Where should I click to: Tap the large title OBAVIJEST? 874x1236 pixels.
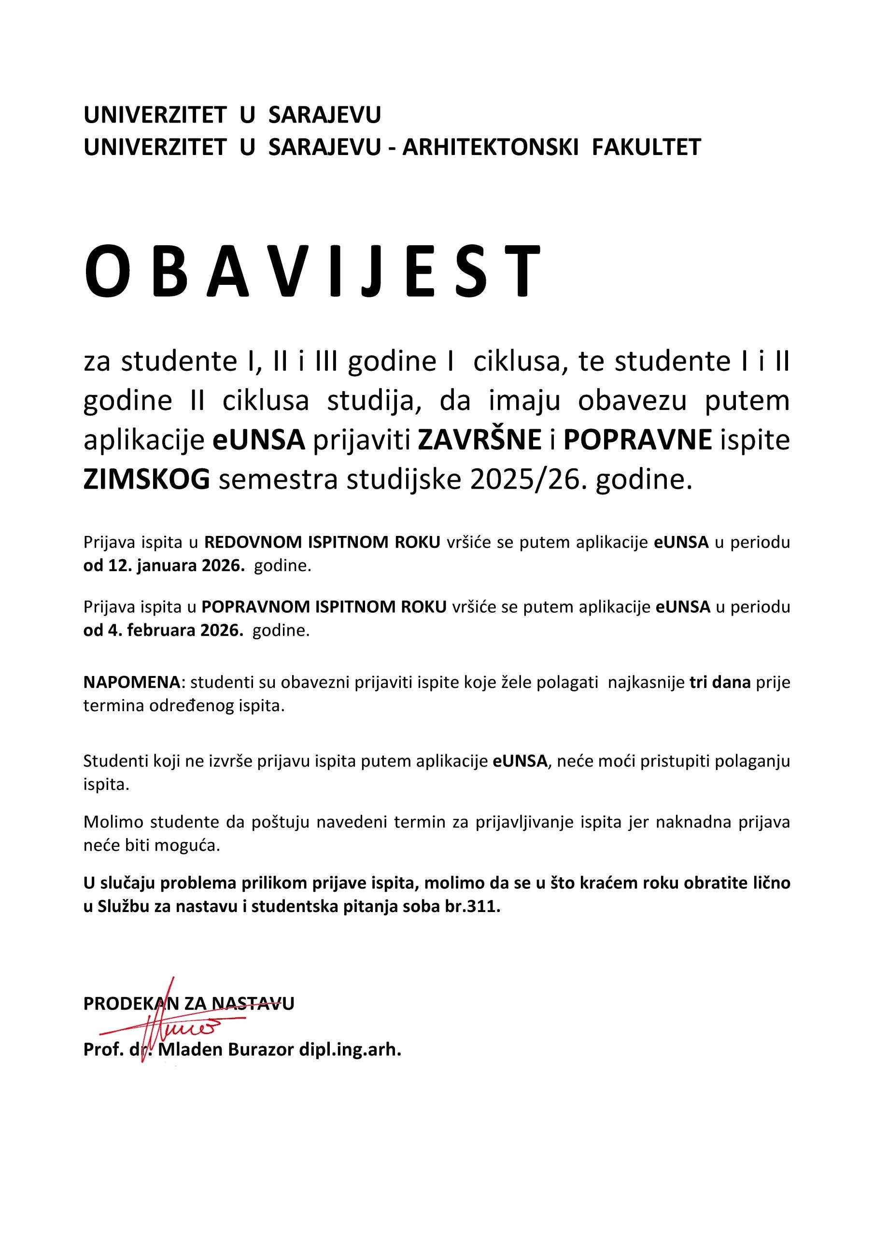pyautogui.click(x=312, y=271)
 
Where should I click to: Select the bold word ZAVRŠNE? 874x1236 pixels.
pyautogui.click(x=480, y=440)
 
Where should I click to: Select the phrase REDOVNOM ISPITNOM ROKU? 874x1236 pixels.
pyautogui.click(x=322, y=542)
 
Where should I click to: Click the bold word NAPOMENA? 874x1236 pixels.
pyautogui.click(x=132, y=683)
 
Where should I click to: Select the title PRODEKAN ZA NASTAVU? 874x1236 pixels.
pyautogui.click(x=188, y=1003)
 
